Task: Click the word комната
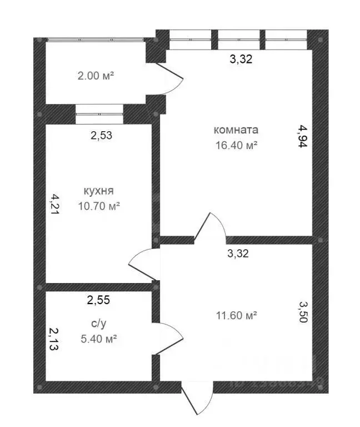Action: point(236,130)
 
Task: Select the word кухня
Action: point(99,191)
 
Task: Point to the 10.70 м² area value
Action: point(99,205)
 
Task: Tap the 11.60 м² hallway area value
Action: point(236,315)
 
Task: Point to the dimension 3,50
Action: point(303,315)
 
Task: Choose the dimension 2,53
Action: point(102,135)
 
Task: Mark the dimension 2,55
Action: point(98,300)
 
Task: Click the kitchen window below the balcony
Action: point(99,114)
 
